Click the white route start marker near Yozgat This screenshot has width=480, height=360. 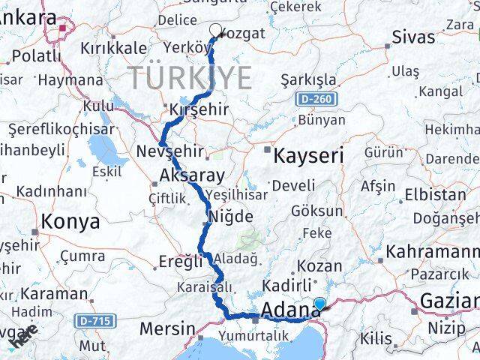pos(216,31)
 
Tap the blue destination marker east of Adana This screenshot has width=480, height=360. pos(319,304)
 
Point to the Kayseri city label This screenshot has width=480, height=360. pos(307,156)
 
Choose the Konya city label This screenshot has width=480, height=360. pos(70,221)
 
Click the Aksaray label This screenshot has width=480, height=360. pos(191,176)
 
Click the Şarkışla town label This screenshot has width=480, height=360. pos(308,79)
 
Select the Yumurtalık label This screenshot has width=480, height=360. pos(255,335)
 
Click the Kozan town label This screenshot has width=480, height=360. pos(319,266)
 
